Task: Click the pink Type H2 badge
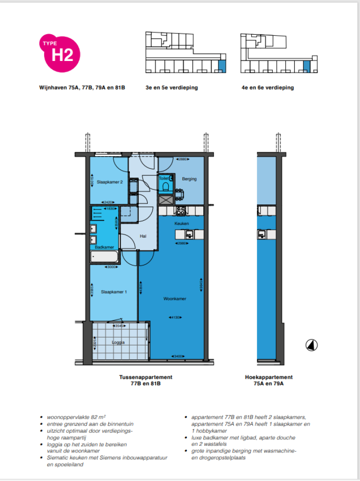point(59,53)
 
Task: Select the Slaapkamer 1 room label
point(115,292)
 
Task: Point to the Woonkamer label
point(174,299)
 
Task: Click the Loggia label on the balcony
point(118,342)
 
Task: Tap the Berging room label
point(189,179)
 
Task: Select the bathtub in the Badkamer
point(104,257)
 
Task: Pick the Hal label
point(143,236)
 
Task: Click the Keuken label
point(181,224)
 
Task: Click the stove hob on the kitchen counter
point(180,210)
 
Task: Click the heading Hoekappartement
point(269,377)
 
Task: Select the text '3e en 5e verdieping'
point(172,88)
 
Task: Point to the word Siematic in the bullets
point(58,457)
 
